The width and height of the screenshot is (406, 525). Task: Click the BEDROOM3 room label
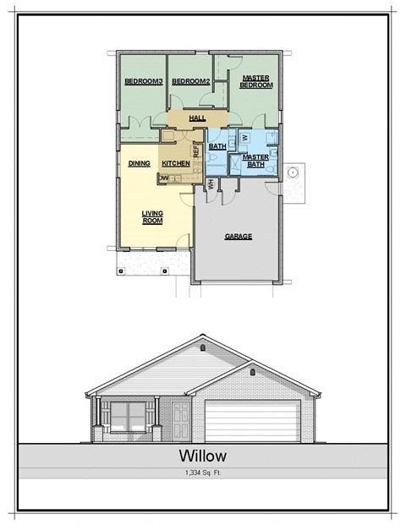pos(141,82)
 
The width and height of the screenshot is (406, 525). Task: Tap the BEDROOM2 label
pos(189,82)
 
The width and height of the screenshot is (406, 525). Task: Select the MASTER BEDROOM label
pos(255,81)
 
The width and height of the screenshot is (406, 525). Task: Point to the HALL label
pos(198,118)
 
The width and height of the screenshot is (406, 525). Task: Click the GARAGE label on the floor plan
pos(239,237)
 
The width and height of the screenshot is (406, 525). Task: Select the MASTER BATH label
pos(255,161)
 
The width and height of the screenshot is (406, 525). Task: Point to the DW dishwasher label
pos(163,178)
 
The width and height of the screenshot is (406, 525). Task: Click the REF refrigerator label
pos(195,151)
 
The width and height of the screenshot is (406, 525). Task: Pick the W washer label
pos(244,136)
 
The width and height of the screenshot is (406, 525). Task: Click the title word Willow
pos(203,457)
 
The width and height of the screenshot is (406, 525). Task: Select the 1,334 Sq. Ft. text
pos(203,473)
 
